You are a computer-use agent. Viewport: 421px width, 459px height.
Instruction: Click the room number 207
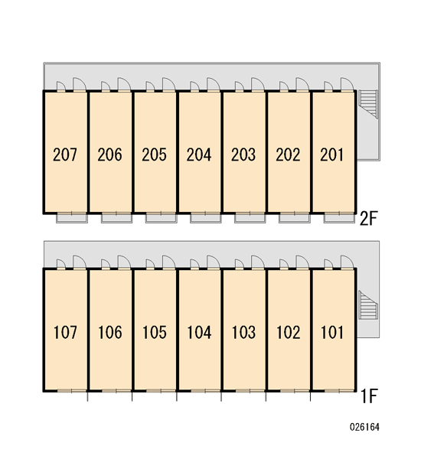point(65,155)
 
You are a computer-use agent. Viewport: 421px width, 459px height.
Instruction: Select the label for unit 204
point(199,155)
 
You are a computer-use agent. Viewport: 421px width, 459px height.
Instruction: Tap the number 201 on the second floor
point(331,155)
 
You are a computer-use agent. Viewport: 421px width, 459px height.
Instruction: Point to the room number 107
point(65,333)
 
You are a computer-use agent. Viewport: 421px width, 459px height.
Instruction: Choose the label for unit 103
point(243,333)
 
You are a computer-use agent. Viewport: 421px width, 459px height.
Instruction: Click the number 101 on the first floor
point(332,333)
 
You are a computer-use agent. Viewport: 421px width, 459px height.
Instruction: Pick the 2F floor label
point(368,218)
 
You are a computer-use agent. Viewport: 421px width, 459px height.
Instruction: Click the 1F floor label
point(369,396)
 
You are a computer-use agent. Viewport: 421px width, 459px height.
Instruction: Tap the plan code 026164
point(364,427)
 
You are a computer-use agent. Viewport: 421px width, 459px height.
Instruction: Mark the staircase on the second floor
point(368,104)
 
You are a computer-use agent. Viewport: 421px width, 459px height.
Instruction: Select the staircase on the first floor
point(368,305)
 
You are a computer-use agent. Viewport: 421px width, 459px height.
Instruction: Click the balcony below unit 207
point(72,218)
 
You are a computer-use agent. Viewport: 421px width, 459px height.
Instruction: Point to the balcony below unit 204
point(206,218)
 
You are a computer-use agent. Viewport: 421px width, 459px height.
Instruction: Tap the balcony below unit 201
point(339,218)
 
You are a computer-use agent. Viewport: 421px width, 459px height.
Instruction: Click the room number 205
point(154,155)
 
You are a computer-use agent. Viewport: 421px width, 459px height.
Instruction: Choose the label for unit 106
point(110,333)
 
